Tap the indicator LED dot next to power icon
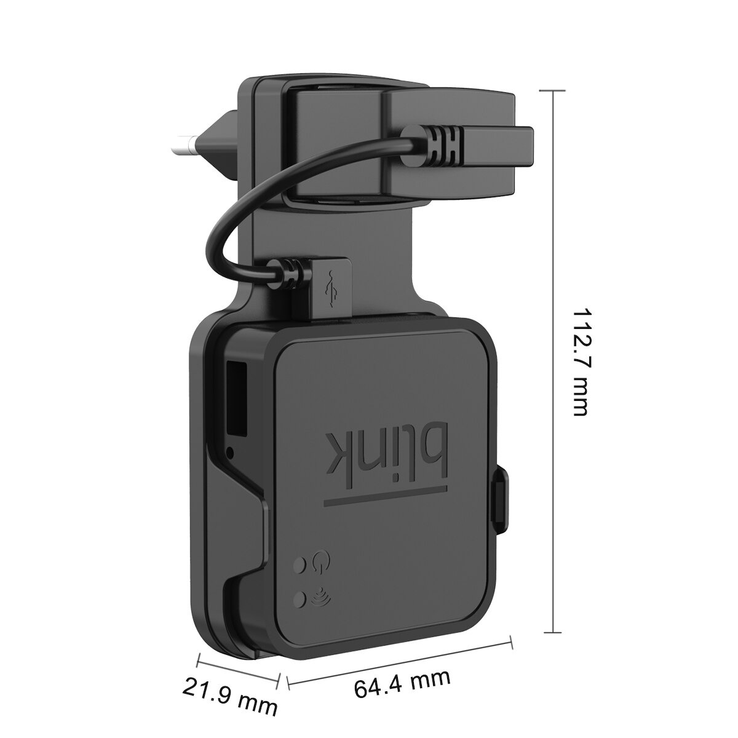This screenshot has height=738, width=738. (301, 563)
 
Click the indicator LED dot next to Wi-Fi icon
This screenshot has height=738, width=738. (301, 597)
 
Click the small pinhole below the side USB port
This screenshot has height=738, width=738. (231, 453)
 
